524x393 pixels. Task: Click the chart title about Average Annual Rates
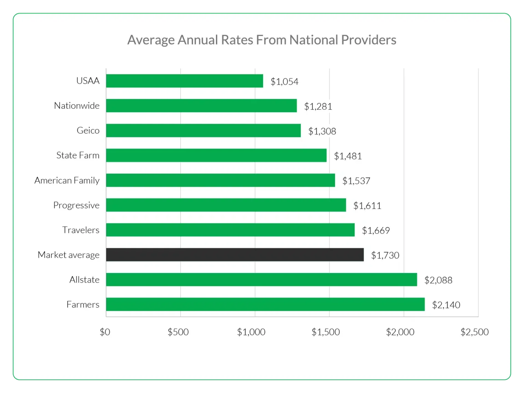(262, 40)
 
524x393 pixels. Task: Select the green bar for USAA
(184, 81)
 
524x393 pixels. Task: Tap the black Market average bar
(235, 255)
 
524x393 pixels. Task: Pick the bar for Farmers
(265, 304)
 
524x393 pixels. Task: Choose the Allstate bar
(261, 279)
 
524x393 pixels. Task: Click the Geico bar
(203, 131)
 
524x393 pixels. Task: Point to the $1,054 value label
(284, 81)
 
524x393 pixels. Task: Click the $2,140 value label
(446, 305)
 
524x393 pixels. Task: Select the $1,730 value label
(385, 255)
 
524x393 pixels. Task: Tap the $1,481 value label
(348, 156)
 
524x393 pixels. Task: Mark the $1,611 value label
(367, 206)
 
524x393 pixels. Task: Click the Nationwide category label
(77, 106)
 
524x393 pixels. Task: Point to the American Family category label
(67, 180)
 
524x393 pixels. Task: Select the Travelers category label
(81, 230)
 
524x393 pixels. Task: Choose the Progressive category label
(76, 205)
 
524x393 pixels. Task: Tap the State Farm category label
(78, 155)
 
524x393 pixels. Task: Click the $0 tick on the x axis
(105, 332)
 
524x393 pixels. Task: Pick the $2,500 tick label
(474, 332)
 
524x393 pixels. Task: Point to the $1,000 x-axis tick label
(251, 332)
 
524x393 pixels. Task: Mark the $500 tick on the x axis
(178, 332)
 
